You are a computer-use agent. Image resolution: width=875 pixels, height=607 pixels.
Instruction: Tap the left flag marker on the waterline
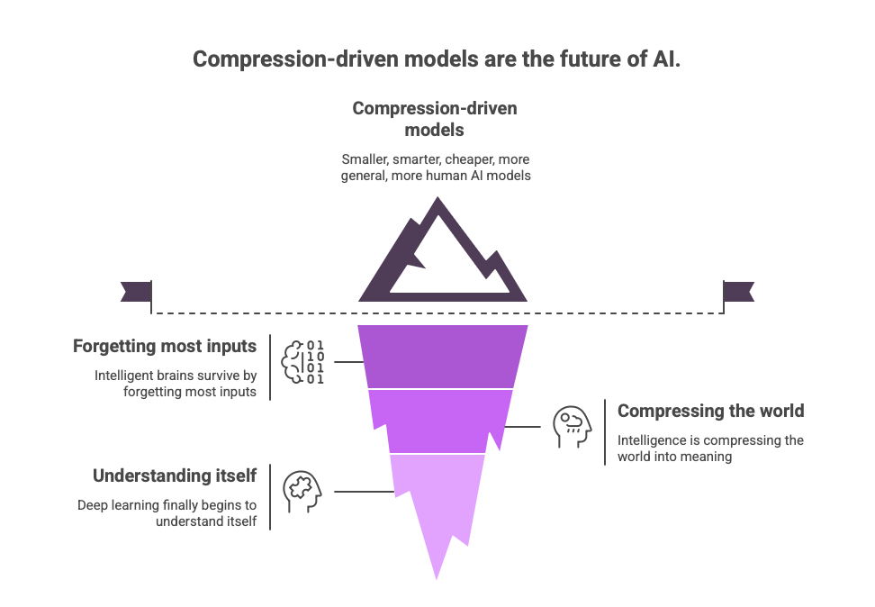click(135, 291)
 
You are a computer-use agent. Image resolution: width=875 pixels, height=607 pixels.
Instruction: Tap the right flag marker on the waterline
click(739, 291)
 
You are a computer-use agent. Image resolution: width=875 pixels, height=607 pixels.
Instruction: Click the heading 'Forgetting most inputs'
click(165, 347)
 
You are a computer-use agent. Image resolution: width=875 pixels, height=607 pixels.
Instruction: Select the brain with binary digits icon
click(303, 362)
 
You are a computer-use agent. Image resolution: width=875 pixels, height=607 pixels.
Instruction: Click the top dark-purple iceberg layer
click(441, 356)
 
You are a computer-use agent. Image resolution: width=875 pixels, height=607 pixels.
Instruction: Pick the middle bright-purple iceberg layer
click(441, 420)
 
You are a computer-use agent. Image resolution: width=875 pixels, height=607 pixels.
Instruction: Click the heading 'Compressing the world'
click(710, 412)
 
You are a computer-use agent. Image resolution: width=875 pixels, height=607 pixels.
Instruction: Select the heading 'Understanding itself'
click(176, 475)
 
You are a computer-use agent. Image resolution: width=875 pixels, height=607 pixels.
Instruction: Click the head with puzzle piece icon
click(301, 491)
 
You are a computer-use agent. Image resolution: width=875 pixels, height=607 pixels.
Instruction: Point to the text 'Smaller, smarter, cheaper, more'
click(436, 159)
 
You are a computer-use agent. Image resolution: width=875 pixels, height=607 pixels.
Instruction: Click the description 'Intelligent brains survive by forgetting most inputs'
click(176, 383)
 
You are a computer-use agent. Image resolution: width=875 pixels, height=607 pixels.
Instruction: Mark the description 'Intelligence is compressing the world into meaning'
click(710, 448)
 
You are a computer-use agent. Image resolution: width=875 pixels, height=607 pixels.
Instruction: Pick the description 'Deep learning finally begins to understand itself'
click(167, 512)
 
